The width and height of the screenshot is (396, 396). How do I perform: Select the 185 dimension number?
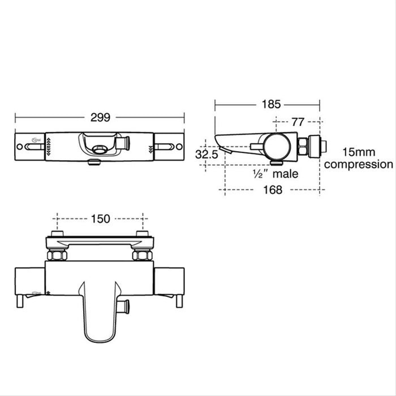click(267, 104)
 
